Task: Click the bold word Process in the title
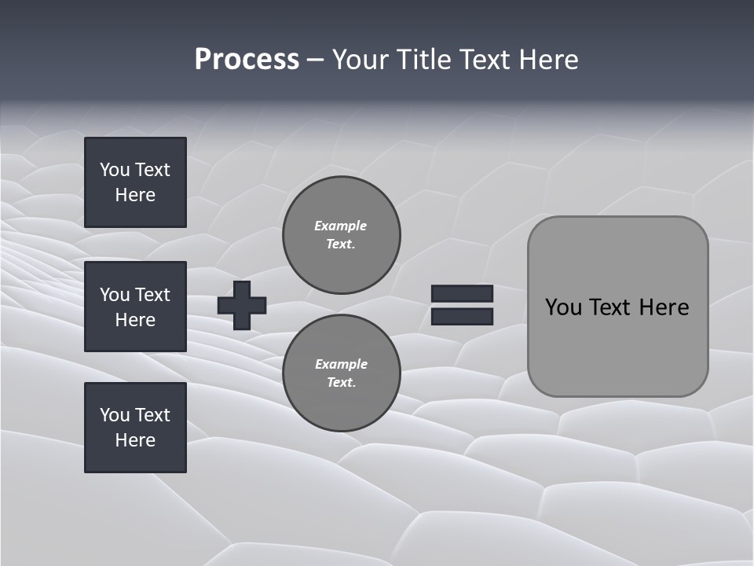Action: (x=247, y=60)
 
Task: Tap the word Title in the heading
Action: (x=422, y=60)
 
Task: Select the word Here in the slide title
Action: (x=547, y=60)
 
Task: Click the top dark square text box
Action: (x=135, y=182)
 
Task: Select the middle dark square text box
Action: (x=135, y=307)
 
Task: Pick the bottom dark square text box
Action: (x=135, y=427)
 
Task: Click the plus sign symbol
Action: (x=242, y=305)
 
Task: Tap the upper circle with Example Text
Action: (x=342, y=235)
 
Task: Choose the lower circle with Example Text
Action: (x=342, y=373)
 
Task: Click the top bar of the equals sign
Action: (x=462, y=293)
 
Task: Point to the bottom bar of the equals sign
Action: (x=462, y=316)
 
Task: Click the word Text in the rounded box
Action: (x=610, y=307)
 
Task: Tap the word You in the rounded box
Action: (x=563, y=307)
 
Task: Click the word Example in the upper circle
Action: (x=341, y=226)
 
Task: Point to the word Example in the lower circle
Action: (x=341, y=364)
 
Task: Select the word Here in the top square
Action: (x=135, y=195)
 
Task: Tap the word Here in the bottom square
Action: (x=135, y=440)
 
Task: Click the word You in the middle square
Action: (x=115, y=295)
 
